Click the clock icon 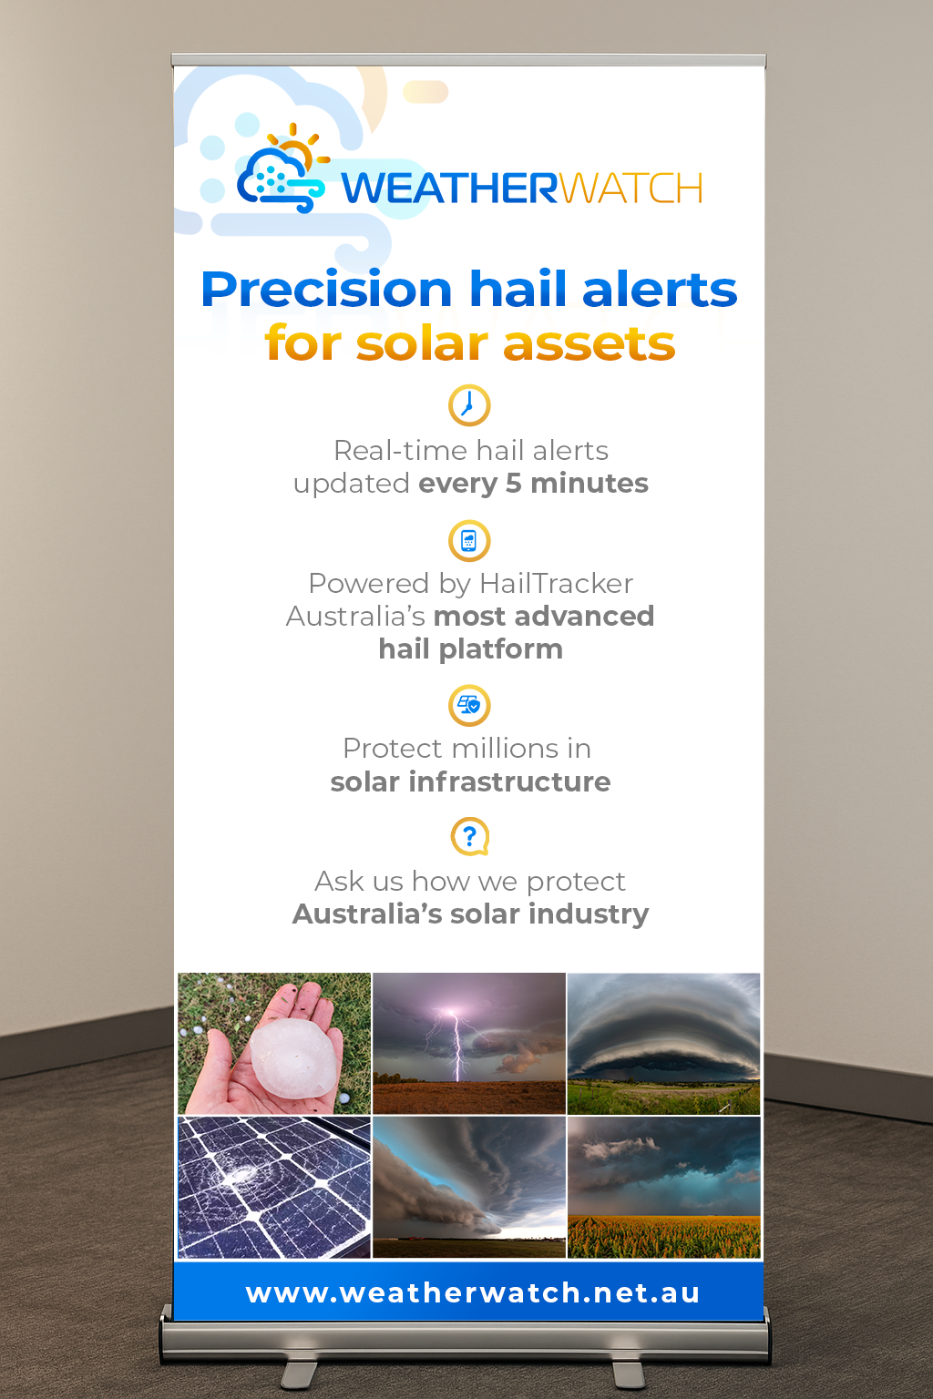(x=469, y=405)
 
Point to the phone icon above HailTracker (x=469, y=541)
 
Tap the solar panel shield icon (x=469, y=706)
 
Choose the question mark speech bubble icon (x=470, y=836)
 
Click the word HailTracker (x=556, y=583)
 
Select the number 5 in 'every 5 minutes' (x=513, y=484)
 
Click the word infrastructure (x=509, y=782)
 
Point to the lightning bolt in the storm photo (x=456, y=1046)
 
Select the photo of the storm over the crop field (x=663, y=1188)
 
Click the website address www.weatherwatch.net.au (x=473, y=1292)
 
